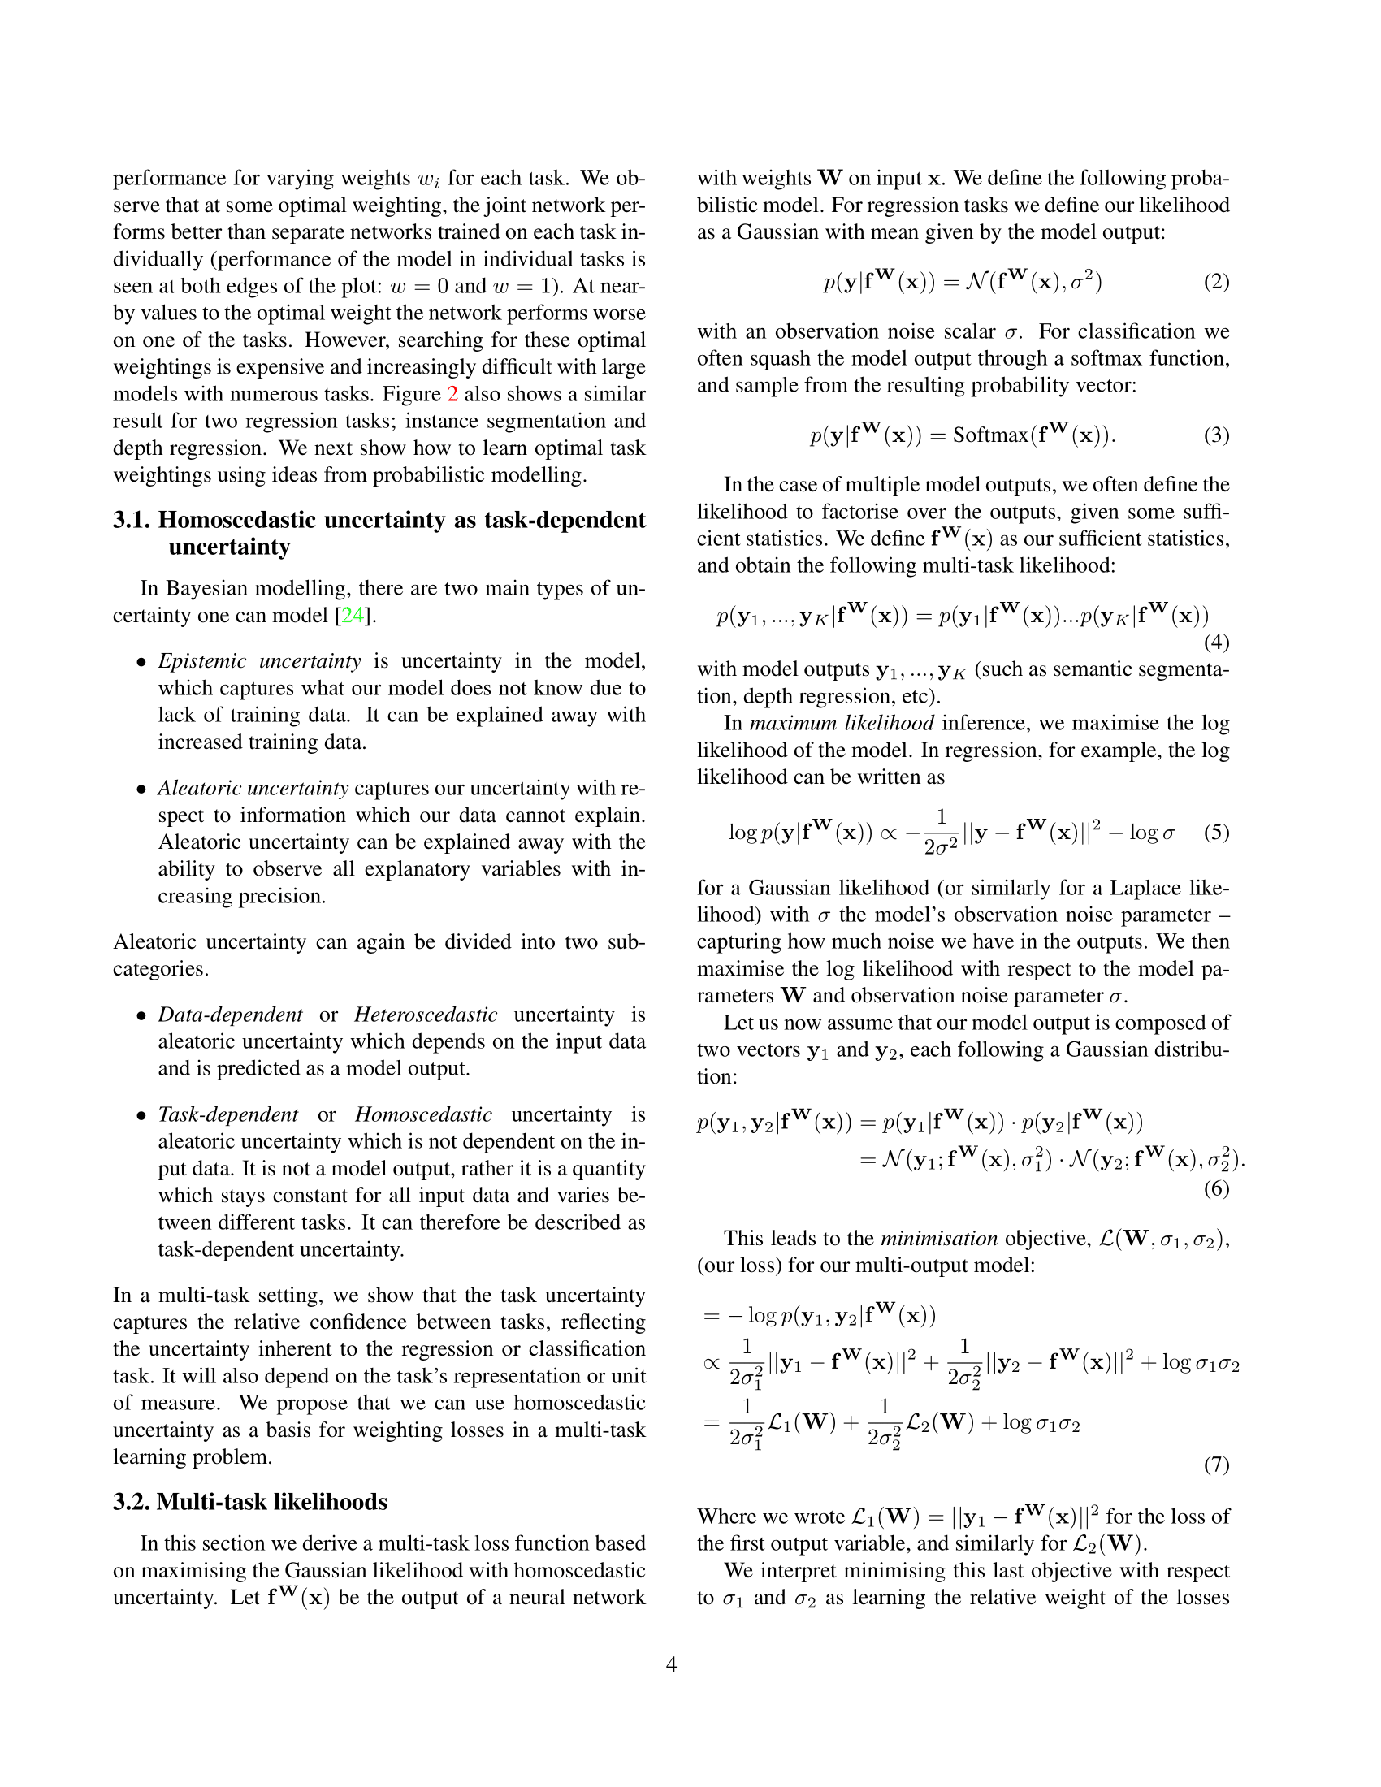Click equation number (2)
1216,283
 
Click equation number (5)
1216,833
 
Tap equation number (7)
1216,1464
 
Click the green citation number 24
353,616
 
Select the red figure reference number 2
452,395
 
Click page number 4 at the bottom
671,1664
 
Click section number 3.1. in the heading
132,521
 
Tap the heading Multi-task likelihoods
271,1502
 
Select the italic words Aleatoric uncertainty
253,788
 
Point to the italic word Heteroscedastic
426,1015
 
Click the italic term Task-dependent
228,1114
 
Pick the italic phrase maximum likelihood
841,723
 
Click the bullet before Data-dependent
142,1016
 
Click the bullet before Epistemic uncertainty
142,663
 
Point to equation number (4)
1216,643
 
